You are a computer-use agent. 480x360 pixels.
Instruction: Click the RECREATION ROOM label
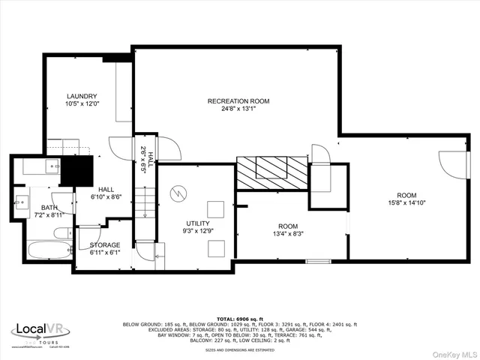pos(238,100)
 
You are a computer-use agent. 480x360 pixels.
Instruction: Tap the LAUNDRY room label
pos(82,96)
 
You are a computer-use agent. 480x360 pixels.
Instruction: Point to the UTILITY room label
pos(199,223)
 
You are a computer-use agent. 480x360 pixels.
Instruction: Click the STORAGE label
pos(104,245)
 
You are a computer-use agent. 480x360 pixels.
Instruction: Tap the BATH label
pos(28,207)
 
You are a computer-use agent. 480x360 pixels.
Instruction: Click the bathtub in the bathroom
pos(44,250)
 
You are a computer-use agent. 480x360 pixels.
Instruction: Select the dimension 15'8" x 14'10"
pos(406,202)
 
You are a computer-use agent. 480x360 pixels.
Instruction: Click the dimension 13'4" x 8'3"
pos(287,233)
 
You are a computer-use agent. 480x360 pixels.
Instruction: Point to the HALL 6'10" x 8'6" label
pos(106,193)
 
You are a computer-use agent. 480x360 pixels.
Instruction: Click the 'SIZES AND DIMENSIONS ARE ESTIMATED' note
pos(240,350)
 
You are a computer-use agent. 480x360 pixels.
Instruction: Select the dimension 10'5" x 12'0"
pos(82,104)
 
